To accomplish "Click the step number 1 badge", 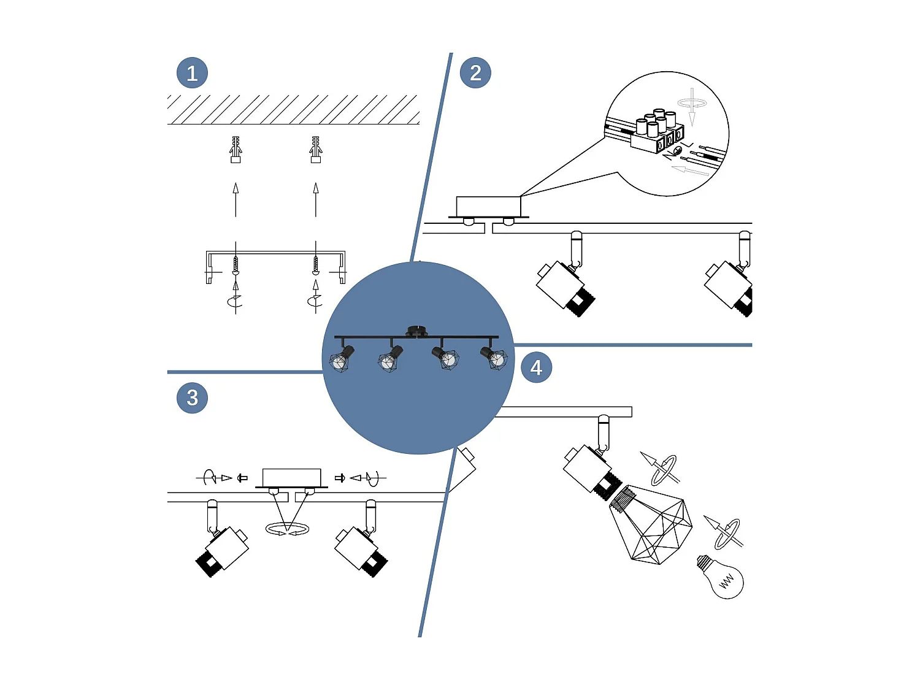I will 192,73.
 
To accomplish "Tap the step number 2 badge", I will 475,73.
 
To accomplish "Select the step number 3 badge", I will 192,397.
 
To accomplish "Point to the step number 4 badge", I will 536,367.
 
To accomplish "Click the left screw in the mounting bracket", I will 236,265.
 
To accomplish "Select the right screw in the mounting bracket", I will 316,265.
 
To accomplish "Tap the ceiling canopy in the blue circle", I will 416,332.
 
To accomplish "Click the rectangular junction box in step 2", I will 488,206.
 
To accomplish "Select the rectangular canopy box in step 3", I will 291,477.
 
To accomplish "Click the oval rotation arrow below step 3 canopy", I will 287,529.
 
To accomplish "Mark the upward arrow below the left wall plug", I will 236,199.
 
